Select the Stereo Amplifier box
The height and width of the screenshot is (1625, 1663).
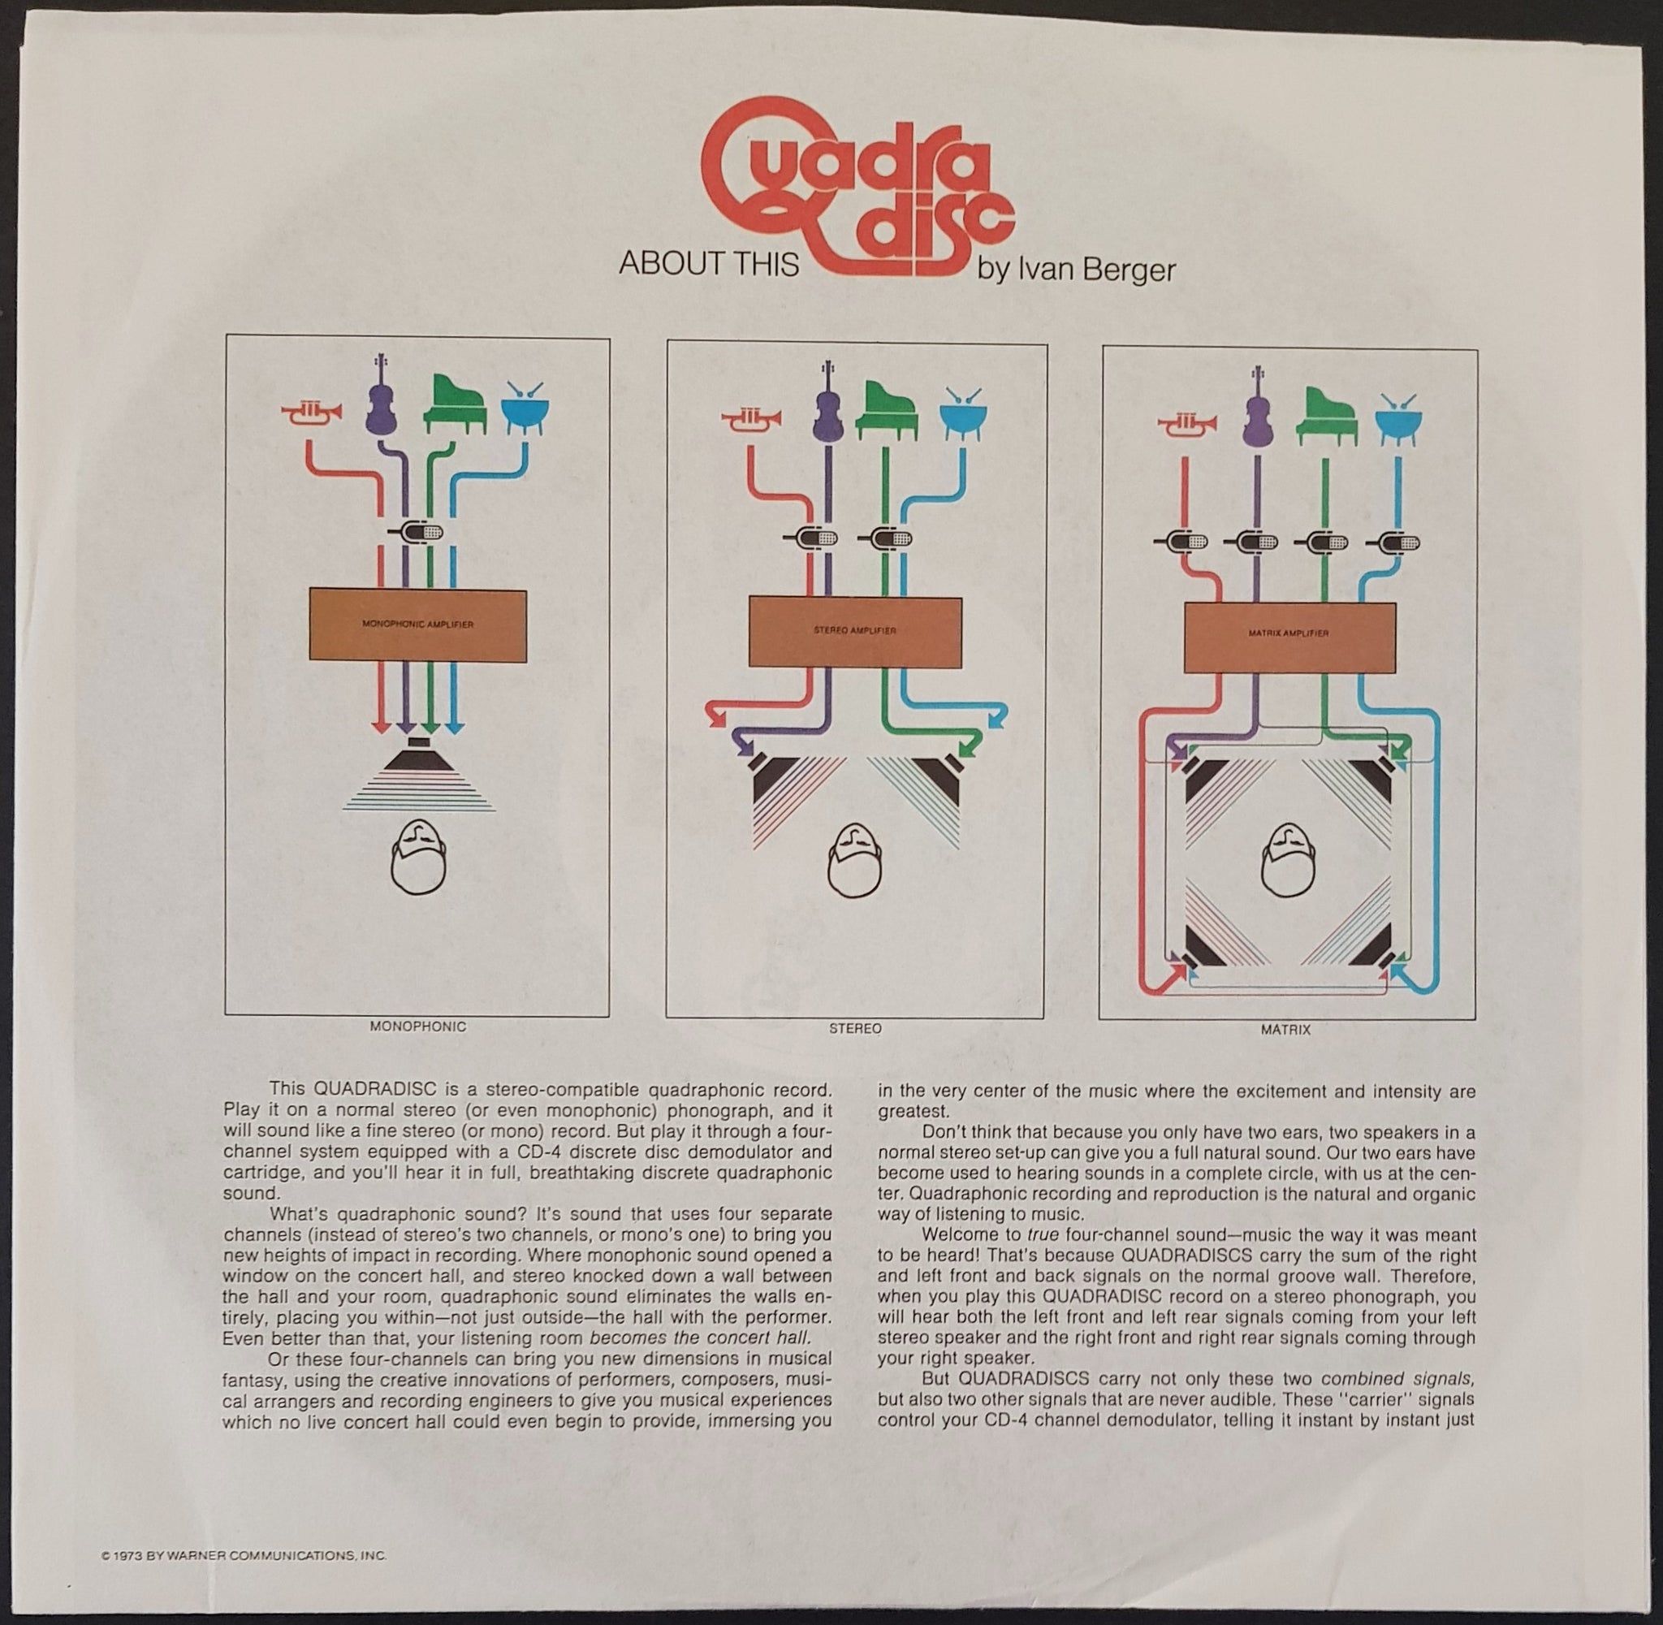(x=855, y=631)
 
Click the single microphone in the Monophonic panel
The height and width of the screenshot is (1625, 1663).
(x=417, y=534)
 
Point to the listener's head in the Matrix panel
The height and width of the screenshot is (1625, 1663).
(x=1288, y=862)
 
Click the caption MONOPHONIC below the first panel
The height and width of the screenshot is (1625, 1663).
(x=418, y=1026)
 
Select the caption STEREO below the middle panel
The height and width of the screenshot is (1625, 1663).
(x=855, y=1029)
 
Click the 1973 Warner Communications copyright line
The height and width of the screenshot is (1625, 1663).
(x=244, y=1556)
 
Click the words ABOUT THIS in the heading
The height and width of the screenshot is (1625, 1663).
(x=708, y=265)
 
